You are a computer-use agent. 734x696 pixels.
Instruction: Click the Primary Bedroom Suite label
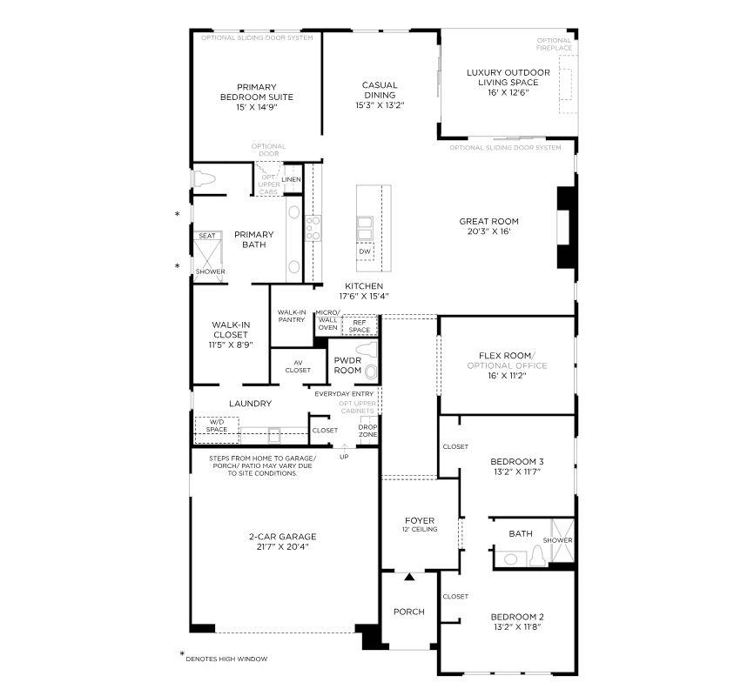(x=256, y=91)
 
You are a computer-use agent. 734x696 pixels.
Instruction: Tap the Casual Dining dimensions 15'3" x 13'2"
(x=380, y=104)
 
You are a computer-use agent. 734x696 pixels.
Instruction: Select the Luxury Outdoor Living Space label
(x=508, y=77)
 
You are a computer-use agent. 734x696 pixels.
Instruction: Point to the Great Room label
(x=488, y=222)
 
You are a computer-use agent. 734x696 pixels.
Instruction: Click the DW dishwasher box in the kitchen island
(x=365, y=251)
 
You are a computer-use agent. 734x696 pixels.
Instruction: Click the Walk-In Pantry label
(x=291, y=316)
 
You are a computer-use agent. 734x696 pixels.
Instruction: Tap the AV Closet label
(x=297, y=366)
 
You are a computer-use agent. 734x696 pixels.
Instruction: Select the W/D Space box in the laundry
(x=216, y=426)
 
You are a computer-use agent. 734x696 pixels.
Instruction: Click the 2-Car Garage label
(x=280, y=537)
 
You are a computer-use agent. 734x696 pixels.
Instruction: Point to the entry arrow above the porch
(x=409, y=577)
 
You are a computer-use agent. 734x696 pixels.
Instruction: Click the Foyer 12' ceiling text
(x=420, y=529)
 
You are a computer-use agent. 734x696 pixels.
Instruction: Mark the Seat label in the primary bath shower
(x=207, y=236)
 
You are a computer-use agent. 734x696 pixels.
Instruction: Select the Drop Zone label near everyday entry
(x=368, y=431)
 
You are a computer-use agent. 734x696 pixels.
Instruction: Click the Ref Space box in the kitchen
(x=360, y=326)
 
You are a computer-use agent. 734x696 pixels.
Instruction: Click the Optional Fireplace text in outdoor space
(x=554, y=43)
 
